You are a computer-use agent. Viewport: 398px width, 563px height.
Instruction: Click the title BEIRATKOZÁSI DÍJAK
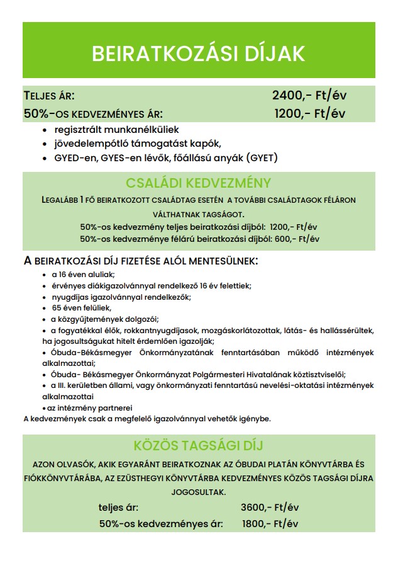pyautogui.click(x=198, y=54)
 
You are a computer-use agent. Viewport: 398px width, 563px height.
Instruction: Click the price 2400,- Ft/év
pyautogui.click(x=309, y=96)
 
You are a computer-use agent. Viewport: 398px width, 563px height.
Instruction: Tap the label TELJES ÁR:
pyautogui.click(x=49, y=96)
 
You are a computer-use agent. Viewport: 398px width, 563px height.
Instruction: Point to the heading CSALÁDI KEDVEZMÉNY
pyautogui.click(x=198, y=183)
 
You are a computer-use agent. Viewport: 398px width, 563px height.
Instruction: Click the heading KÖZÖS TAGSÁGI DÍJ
pyautogui.click(x=198, y=446)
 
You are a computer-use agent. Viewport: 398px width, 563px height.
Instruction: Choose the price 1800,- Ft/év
pyautogui.click(x=270, y=524)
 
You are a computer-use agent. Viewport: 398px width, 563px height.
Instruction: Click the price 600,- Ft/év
pyautogui.click(x=297, y=239)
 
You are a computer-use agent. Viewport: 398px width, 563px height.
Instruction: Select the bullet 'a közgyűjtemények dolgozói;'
pyautogui.click(x=105, y=319)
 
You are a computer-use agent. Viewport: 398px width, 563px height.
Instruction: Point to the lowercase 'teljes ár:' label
pyautogui.click(x=119, y=508)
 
